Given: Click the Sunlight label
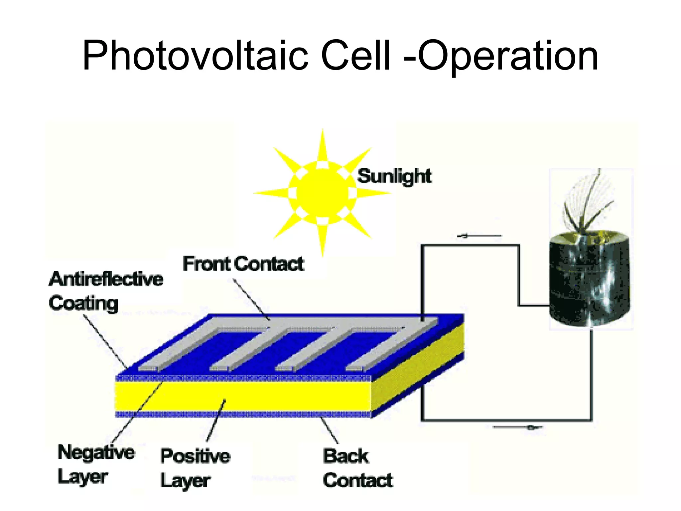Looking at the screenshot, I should [x=394, y=176].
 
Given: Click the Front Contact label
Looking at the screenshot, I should [x=243, y=264].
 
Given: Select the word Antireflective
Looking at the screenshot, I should [x=106, y=279].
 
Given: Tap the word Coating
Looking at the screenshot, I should [x=83, y=303].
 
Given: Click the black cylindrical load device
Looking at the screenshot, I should [x=589, y=279].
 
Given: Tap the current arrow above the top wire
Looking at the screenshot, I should [x=479, y=236].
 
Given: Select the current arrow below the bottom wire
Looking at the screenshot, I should [x=517, y=427].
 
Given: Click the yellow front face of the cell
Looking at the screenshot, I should [x=243, y=396].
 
